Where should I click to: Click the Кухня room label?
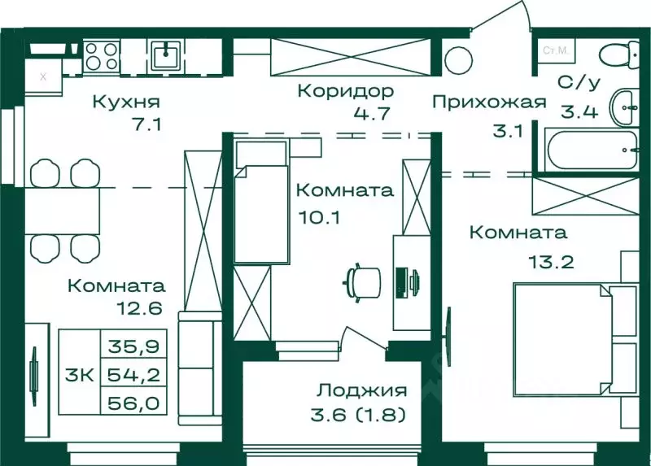tap(125, 102)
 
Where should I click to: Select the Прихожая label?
tap(487, 102)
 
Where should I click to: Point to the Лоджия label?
tap(362, 391)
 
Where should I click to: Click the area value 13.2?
tap(540, 262)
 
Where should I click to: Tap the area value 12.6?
tap(140, 309)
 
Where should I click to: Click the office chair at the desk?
tap(363, 282)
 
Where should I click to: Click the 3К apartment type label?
tap(78, 376)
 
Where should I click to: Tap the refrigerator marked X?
tap(43, 78)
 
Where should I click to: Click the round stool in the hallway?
tap(459, 59)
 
